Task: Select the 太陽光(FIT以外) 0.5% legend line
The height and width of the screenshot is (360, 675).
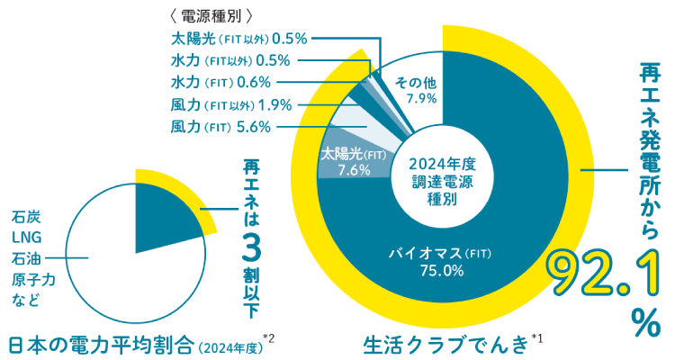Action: [239, 39]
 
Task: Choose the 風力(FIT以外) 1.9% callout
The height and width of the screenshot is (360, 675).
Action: [230, 104]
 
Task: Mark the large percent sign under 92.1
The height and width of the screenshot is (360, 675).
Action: [644, 322]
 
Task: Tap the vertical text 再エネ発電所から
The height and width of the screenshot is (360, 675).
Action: [645, 148]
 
